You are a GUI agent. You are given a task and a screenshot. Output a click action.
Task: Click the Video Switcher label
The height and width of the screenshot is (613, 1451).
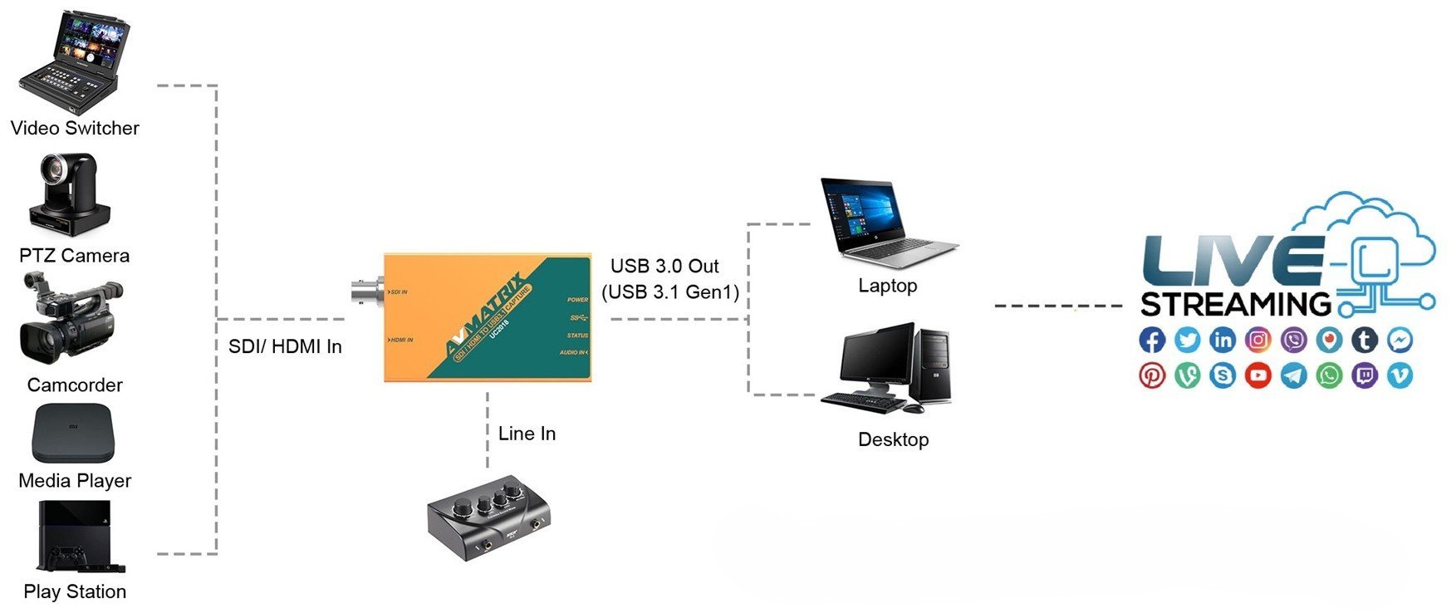coord(75,128)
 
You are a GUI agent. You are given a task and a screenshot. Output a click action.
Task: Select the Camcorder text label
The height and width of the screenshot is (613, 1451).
coord(75,385)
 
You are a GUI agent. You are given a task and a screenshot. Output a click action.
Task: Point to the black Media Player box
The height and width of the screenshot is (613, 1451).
coord(72,433)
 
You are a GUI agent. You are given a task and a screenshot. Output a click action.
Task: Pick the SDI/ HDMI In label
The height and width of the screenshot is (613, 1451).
coord(285,346)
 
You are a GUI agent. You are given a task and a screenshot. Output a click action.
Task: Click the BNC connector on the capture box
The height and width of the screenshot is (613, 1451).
coord(365,292)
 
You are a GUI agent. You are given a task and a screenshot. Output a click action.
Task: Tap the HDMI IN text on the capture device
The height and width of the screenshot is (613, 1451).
coord(402,340)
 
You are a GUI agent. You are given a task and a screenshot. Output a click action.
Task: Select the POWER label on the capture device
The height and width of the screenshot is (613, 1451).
coord(577,300)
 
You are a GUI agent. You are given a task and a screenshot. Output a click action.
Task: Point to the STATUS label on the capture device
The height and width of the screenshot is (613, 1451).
coord(577,336)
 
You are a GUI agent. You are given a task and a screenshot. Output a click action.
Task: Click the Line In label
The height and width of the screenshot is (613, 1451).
coord(527,434)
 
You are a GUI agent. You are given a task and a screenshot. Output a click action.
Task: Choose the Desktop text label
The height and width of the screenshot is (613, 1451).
coord(893,439)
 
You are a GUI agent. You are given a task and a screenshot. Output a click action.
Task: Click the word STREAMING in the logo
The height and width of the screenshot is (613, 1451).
coord(1235,305)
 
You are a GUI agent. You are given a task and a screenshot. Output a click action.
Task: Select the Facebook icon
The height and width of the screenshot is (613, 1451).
coord(1152,340)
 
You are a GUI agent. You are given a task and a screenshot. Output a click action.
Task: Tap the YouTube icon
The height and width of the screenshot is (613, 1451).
coord(1258,375)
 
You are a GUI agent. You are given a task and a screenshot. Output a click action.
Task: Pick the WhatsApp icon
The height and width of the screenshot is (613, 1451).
coord(1329,375)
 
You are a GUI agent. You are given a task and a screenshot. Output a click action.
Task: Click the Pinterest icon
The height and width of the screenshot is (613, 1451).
coord(1152,375)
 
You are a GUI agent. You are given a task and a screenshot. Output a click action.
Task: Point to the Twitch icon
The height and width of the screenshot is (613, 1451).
coord(1365,375)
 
